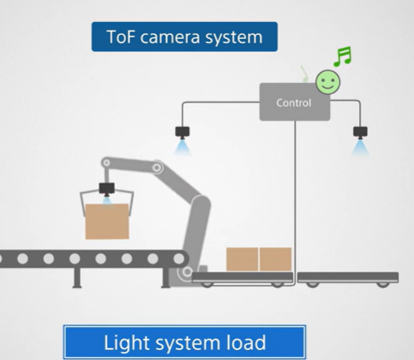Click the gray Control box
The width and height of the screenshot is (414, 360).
pos(294,103)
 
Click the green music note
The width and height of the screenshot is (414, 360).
pos(342,56)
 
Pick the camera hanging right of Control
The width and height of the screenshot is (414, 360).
pos(360,133)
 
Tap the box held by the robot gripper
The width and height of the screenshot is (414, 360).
pos(107,220)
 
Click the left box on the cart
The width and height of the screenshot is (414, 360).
pos(242,259)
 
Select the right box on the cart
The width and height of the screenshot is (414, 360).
pos(275,259)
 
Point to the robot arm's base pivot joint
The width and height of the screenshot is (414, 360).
pos(186,272)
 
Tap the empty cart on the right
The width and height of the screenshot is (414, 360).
pos(354,277)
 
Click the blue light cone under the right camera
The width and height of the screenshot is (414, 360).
pos(360,147)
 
